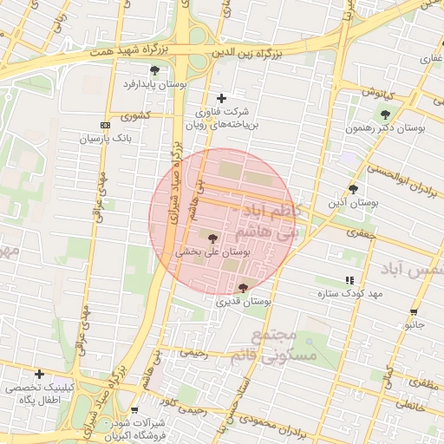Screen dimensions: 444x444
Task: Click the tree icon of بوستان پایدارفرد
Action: click(x=154, y=70)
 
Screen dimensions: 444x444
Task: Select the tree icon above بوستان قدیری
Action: click(x=242, y=287)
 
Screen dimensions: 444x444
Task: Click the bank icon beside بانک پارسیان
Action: click(x=105, y=125)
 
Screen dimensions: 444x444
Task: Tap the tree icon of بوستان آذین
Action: click(x=352, y=188)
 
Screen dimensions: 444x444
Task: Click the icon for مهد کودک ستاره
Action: click(x=349, y=280)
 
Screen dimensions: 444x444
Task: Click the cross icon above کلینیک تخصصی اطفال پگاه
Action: click(x=39, y=374)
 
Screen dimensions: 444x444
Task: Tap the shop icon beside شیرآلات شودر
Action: click(x=134, y=410)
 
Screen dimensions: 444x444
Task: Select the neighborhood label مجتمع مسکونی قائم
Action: click(x=277, y=344)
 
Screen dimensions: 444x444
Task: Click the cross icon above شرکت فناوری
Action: click(x=221, y=98)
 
